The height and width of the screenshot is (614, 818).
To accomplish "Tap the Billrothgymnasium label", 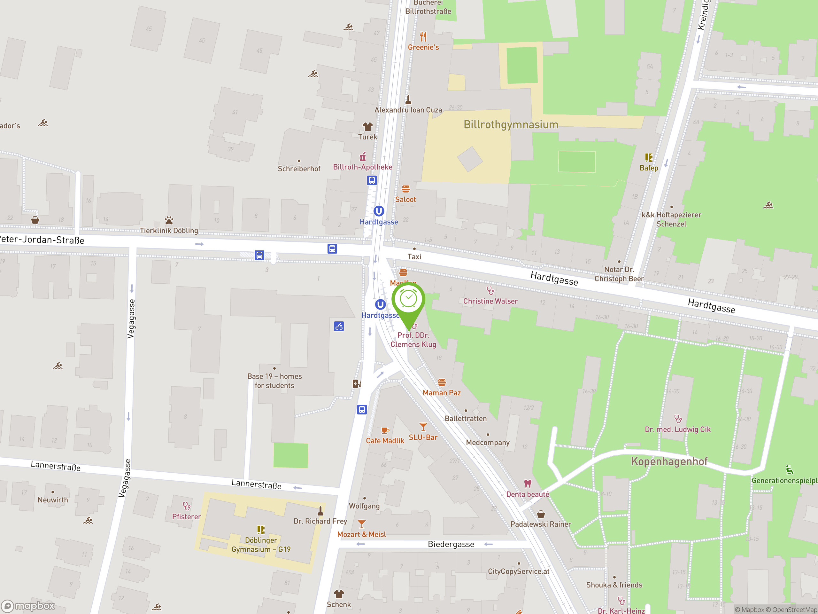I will pos(511,125).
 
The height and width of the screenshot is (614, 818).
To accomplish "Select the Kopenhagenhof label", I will pos(669,461).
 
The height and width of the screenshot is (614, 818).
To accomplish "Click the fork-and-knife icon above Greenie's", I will pos(423,37).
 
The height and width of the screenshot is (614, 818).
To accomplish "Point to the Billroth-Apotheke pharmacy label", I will pos(362,167).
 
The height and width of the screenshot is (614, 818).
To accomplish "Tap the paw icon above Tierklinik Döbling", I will pos(169,220).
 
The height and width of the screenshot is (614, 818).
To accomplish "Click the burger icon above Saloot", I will pos(406,189).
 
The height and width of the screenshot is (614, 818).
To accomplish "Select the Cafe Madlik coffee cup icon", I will pos(385,430).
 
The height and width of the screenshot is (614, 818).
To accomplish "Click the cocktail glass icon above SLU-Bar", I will pos(423,426).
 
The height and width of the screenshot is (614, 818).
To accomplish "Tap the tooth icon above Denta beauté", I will pos(528,483).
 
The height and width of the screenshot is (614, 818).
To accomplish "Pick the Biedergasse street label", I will pos(451,544).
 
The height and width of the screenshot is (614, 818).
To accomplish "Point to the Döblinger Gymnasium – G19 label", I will pos(261,545).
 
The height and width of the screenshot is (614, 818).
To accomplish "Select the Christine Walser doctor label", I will pos(490,301).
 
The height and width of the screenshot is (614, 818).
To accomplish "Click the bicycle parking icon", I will pos(339,326).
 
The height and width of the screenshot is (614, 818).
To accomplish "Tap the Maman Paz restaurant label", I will pos(442,393).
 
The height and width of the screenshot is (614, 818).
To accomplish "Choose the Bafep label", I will pos(649,168).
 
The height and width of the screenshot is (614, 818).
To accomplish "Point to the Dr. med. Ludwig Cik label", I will pos(677,429).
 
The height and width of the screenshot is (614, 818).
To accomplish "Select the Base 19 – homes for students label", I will pos(274,381).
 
